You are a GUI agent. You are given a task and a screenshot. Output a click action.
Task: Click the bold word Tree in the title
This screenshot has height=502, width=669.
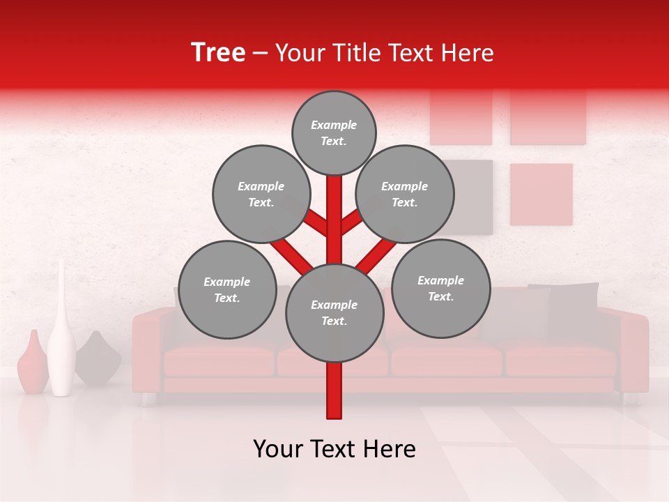coord(218,52)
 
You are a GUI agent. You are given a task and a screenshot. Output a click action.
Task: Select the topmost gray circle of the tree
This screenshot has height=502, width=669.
coord(334,132)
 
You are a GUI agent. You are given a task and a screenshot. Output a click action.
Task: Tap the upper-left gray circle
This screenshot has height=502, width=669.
coord(261,194)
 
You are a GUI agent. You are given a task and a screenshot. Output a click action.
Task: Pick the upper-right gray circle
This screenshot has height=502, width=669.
coord(405,194)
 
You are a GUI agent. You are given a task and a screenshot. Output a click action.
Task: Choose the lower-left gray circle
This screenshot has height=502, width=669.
coord(227,289)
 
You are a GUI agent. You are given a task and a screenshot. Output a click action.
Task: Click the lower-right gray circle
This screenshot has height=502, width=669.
coord(441,288)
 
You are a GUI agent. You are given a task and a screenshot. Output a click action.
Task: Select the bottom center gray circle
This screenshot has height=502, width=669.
coord(334,313)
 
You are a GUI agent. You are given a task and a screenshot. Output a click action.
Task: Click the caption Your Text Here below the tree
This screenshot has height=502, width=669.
coord(334,449)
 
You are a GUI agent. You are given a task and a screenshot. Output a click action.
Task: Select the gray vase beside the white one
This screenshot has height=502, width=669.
coord(98,359)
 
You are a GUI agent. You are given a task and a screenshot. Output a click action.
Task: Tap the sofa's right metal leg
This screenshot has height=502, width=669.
coord(630,399)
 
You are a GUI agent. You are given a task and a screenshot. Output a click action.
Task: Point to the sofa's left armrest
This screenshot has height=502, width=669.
coord(148,349)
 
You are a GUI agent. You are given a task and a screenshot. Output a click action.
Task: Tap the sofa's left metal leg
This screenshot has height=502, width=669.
coord(147,399)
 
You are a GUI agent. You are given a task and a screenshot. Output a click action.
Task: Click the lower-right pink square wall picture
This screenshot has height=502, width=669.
coord(541,195)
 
